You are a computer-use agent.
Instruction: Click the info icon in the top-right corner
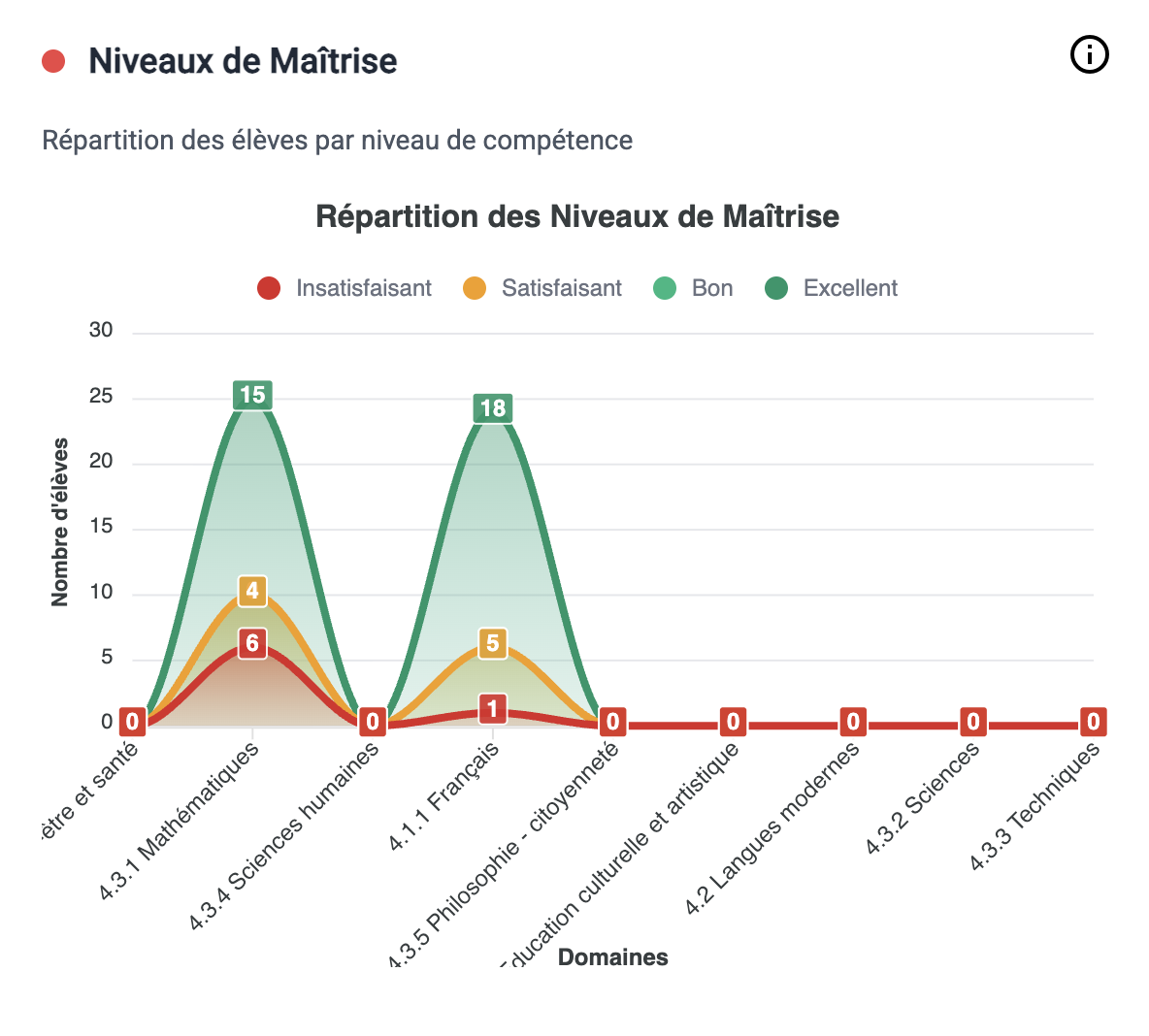click(x=1089, y=54)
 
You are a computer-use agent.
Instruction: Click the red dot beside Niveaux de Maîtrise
click(x=53, y=61)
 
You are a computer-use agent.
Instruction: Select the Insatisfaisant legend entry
click(x=345, y=288)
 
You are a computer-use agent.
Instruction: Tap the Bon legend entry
click(x=693, y=288)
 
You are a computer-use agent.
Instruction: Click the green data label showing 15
click(x=252, y=395)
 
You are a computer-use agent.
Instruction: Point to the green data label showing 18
click(x=493, y=408)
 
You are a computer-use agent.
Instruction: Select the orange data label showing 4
click(x=252, y=591)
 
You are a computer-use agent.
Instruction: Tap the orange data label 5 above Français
click(x=493, y=643)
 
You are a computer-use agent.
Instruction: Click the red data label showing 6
click(x=252, y=643)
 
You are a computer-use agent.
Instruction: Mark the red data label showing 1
click(x=493, y=708)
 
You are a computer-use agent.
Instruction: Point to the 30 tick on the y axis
click(x=101, y=331)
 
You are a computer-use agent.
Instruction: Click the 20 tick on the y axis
click(x=101, y=462)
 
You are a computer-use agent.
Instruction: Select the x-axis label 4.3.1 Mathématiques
click(x=181, y=821)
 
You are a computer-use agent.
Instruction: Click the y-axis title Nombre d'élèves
click(x=60, y=523)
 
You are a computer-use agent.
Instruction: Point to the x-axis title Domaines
click(x=613, y=957)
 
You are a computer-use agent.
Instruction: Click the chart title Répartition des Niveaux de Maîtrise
click(x=577, y=216)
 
